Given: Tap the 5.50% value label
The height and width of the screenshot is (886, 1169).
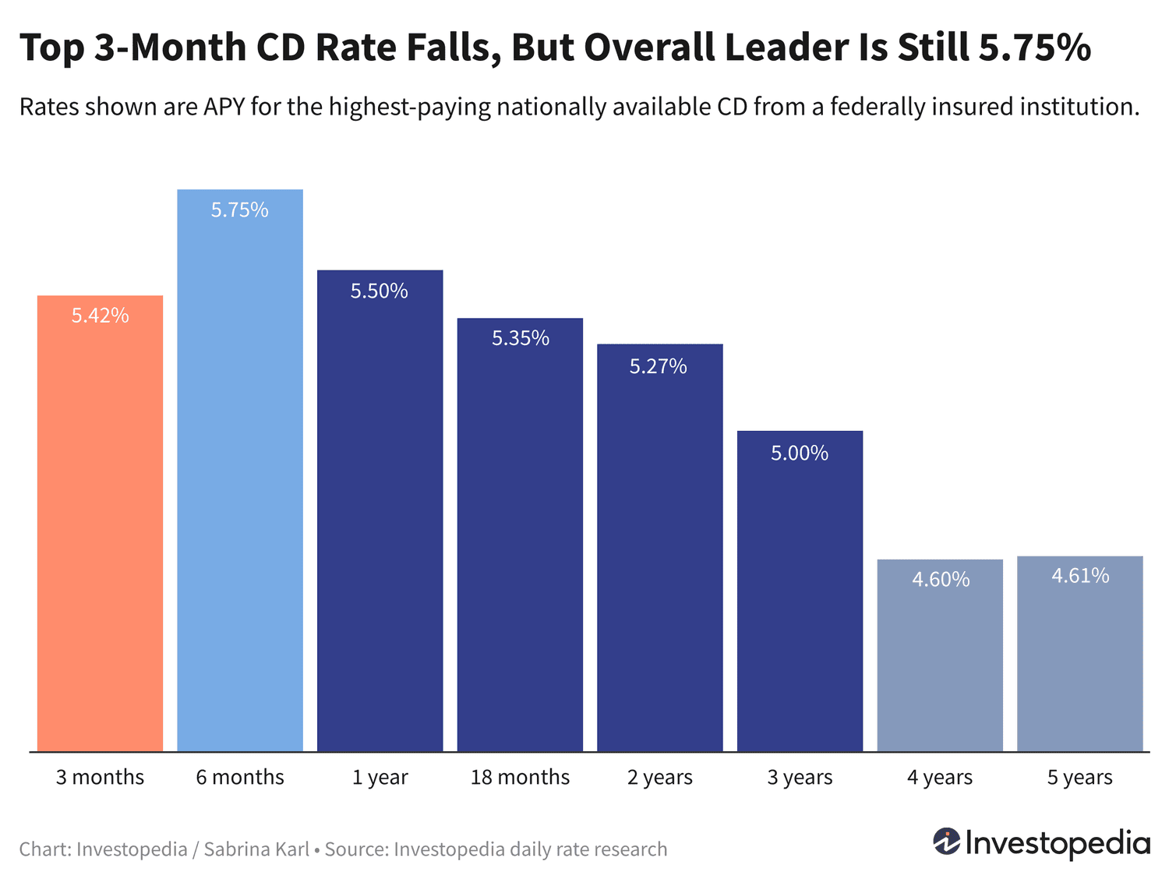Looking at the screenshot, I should pyautogui.click(x=380, y=291).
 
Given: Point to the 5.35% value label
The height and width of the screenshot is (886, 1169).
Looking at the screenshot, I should pyautogui.click(x=520, y=338).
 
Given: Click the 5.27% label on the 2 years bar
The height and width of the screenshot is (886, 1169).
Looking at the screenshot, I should pyautogui.click(x=659, y=366).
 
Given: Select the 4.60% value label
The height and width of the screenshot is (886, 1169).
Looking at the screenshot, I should pyautogui.click(x=941, y=580).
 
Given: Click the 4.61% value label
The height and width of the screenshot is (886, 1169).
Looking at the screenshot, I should pyautogui.click(x=1080, y=576).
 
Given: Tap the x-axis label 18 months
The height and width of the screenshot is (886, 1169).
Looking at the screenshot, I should pyautogui.click(x=520, y=778).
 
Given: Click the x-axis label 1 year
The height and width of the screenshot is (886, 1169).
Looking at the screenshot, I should pyautogui.click(x=380, y=778).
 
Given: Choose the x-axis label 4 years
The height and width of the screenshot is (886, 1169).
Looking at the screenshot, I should pyautogui.click(x=940, y=778).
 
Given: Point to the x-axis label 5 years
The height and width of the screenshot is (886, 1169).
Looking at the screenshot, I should pyautogui.click(x=1079, y=778).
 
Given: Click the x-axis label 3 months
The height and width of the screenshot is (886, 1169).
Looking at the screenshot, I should pyautogui.click(x=100, y=778).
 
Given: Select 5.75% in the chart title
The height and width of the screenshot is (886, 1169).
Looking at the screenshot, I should pyautogui.click(x=1034, y=48).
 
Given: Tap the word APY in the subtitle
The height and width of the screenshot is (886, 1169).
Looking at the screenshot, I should pyautogui.click(x=224, y=107).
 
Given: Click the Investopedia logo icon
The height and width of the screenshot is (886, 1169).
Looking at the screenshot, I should pyautogui.click(x=946, y=842).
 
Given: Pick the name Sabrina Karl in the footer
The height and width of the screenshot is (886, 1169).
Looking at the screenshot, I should pyautogui.click(x=256, y=849).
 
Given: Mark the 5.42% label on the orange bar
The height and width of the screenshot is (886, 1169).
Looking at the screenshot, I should pyautogui.click(x=101, y=316).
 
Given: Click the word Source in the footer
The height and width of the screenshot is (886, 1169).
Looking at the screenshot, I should pyautogui.click(x=355, y=849).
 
